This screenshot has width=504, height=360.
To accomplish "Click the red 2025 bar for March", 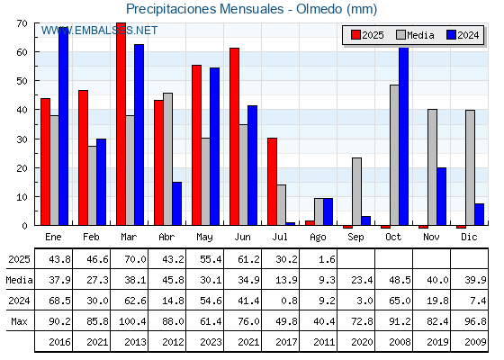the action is pyautogui.click(x=121, y=124).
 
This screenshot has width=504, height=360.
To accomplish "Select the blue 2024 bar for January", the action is pyautogui.click(x=64, y=126).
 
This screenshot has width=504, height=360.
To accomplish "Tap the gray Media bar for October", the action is pyautogui.click(x=394, y=155).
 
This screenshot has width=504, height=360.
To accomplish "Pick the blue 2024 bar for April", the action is pyautogui.click(x=176, y=203).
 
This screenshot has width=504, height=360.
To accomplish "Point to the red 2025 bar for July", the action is pyautogui.click(x=272, y=182).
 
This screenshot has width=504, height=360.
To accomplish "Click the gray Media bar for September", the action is pyautogui.click(x=356, y=192).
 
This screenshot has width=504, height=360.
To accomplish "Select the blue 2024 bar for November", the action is pyautogui.click(x=441, y=196).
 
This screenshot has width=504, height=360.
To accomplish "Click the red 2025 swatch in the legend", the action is pyautogui.click(x=355, y=35).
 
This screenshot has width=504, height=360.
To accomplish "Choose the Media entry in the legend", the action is pyautogui.click(x=415, y=35).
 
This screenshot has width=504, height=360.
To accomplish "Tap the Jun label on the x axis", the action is pyautogui.click(x=242, y=237).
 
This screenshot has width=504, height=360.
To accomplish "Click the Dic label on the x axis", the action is pyautogui.click(x=469, y=237).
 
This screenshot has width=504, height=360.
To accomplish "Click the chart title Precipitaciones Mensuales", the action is pyautogui.click(x=205, y=9).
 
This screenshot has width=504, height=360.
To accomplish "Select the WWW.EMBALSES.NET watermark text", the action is pyautogui.click(x=99, y=31).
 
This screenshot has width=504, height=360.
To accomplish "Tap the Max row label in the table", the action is pyautogui.click(x=19, y=321).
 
